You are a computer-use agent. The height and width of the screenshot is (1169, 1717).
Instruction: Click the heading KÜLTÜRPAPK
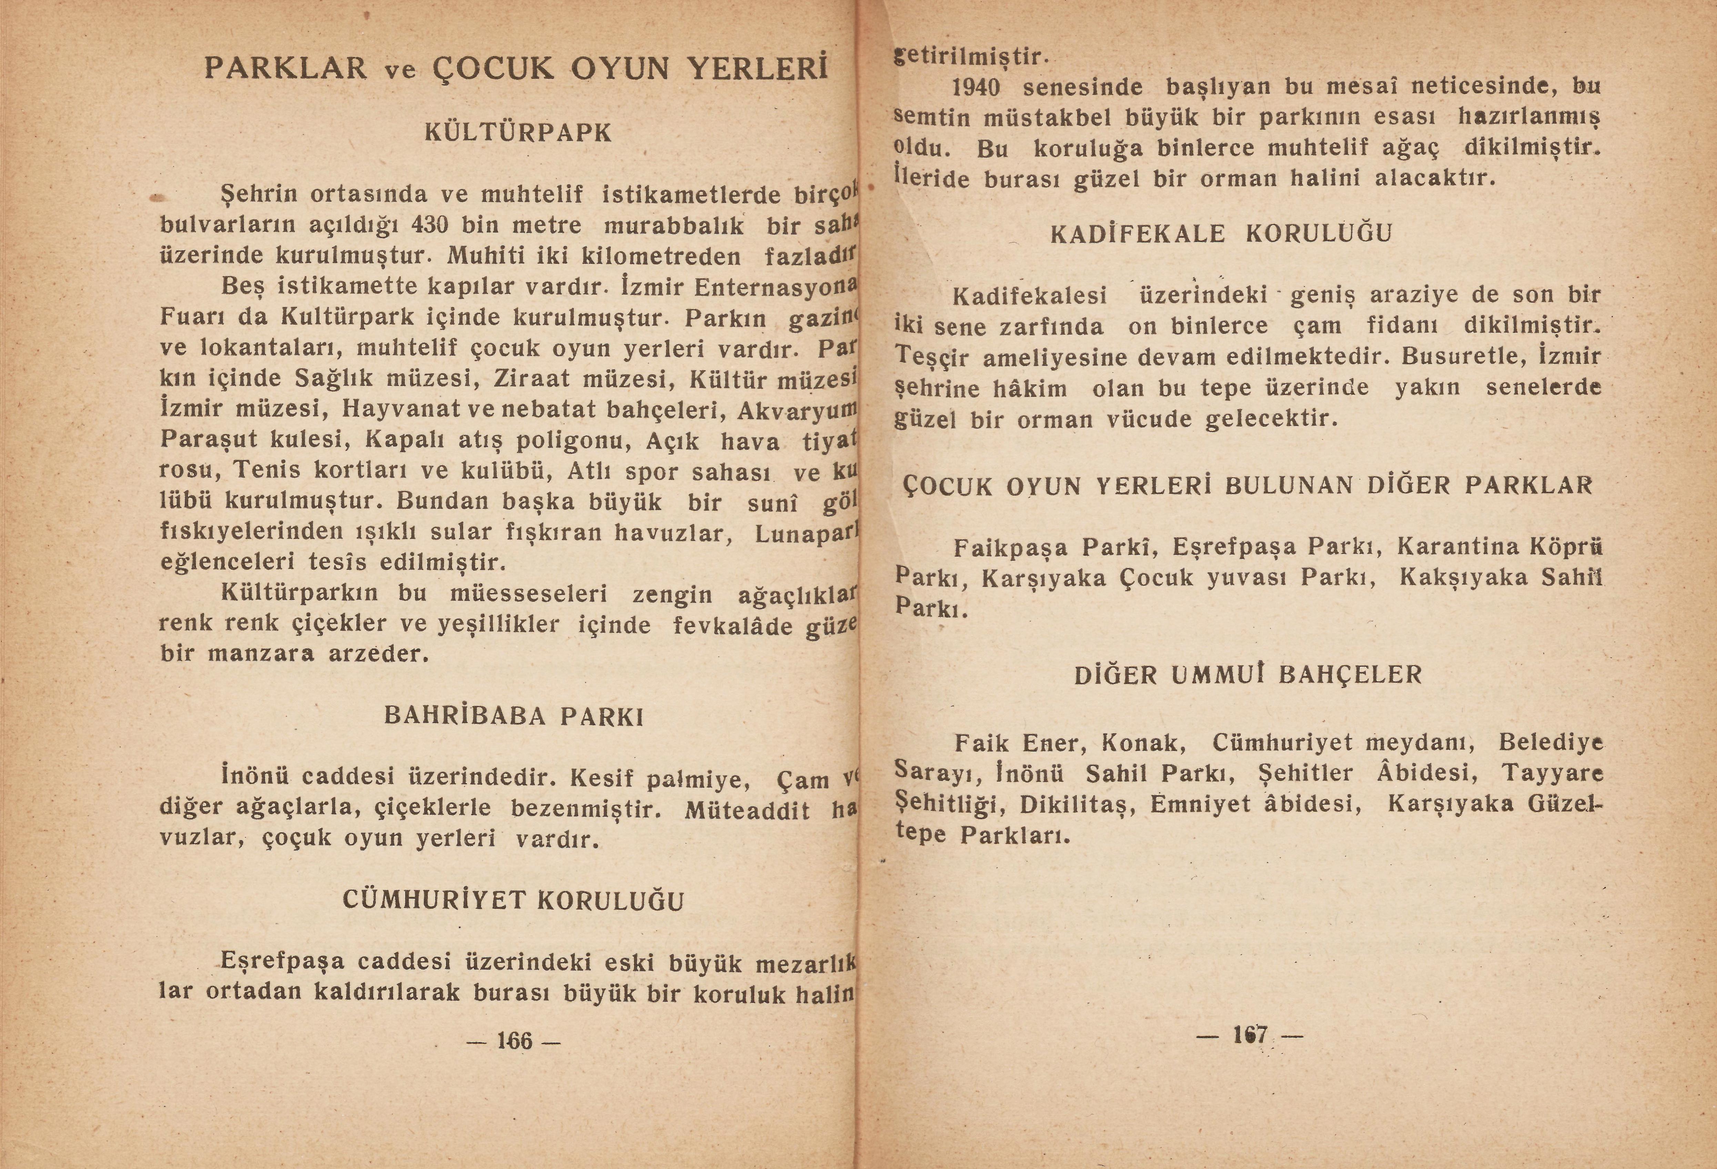pos(519,133)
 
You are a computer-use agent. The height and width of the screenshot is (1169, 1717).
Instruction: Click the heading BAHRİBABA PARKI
pos(514,716)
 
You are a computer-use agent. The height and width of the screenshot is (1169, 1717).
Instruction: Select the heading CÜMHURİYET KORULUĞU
pos(514,900)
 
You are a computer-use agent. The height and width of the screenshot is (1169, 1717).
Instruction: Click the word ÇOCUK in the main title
pos(491,69)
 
